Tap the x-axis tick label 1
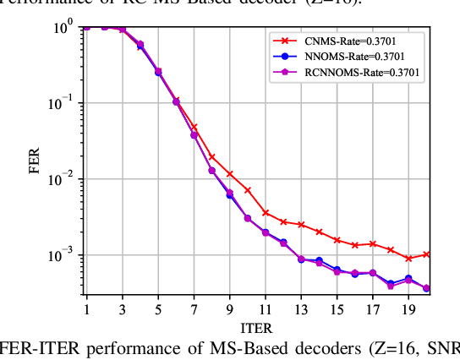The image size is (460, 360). (x=86, y=309)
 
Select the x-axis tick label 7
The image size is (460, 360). (x=194, y=309)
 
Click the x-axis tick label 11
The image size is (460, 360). (x=265, y=309)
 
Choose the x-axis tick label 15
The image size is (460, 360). (x=337, y=309)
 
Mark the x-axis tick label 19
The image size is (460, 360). (x=408, y=309)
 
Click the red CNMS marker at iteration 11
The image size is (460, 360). (x=266, y=213)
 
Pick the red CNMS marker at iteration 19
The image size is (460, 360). (x=408, y=259)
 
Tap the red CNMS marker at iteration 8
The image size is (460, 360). (x=211, y=156)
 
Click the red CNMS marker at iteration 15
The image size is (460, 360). (x=337, y=240)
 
